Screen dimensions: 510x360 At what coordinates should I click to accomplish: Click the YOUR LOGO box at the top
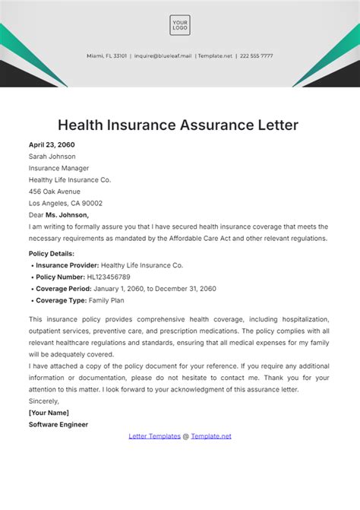point(180,25)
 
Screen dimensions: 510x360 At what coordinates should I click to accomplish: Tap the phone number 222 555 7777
point(256,55)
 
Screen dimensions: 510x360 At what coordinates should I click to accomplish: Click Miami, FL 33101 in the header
point(106,55)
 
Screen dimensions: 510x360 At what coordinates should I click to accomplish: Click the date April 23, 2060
point(52,144)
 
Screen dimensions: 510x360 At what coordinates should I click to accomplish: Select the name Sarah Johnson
point(52,157)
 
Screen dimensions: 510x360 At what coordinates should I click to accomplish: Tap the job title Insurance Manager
point(58,168)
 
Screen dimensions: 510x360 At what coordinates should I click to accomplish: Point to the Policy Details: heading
point(52,253)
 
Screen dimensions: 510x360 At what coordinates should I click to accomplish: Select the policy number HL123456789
point(109,277)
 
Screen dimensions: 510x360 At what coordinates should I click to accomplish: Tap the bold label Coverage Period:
point(65,289)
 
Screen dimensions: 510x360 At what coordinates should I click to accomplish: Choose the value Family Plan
point(107,300)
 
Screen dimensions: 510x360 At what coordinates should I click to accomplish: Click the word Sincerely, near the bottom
point(43,401)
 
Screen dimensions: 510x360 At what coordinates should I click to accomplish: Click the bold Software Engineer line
point(58,424)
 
